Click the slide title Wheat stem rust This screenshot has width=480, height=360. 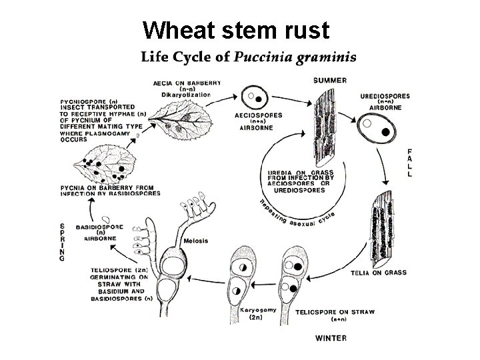[237, 30]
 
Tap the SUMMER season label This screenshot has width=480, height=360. [330, 81]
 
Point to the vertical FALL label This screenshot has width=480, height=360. [409, 163]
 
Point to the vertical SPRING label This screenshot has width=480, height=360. [62, 241]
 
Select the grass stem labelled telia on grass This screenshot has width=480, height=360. [383, 226]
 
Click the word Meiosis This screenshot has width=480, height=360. [197, 241]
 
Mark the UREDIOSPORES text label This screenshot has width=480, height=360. [385, 96]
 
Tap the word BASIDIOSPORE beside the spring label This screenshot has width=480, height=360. [99, 227]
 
